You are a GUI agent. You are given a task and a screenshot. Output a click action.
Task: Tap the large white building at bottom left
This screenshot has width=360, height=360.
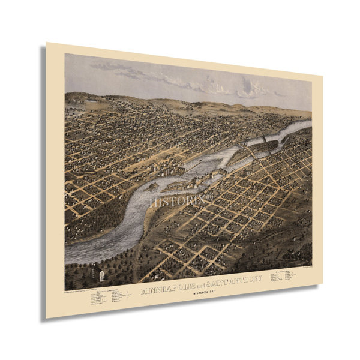click(101, 275)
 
